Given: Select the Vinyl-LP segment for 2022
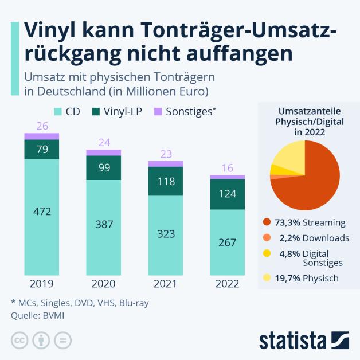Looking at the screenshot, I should [x=227, y=194].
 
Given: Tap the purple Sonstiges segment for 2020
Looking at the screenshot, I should [x=104, y=152].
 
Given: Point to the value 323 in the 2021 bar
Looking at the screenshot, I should [x=166, y=234].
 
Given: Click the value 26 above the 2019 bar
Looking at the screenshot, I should [x=42, y=126].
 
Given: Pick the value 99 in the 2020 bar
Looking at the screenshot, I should [x=104, y=167].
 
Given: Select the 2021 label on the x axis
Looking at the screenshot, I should [x=166, y=283].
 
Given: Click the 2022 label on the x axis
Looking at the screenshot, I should [x=227, y=283].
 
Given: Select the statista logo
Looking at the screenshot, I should [x=304, y=339].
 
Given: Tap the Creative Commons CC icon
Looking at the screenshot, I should [x=19, y=340].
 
